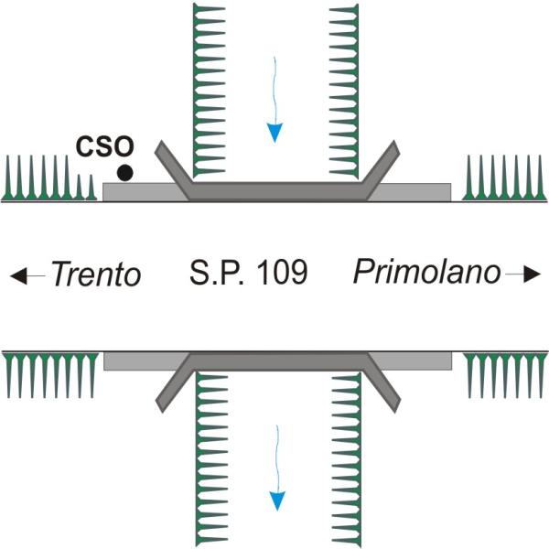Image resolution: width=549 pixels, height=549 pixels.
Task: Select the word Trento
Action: [x=95, y=274]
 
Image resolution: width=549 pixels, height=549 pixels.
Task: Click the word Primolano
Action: [x=427, y=272]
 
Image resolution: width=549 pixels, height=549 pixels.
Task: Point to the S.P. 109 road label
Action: [x=249, y=273]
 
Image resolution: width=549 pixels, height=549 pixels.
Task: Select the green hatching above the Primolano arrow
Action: [x=502, y=178]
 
